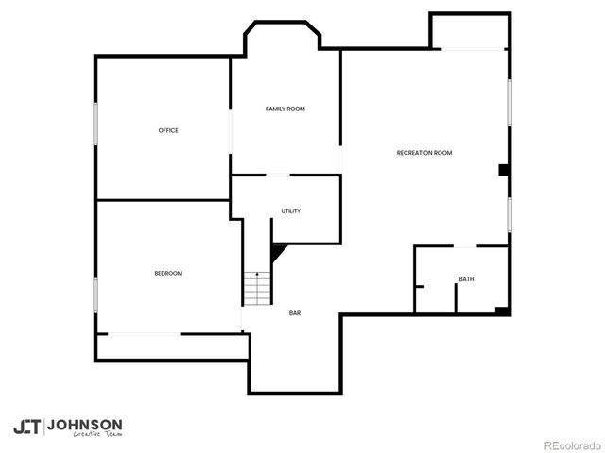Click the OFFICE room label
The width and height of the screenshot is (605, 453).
tap(168, 130)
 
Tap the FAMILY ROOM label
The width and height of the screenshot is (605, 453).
tap(285, 109)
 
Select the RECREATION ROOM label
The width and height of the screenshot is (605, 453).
tap(423, 153)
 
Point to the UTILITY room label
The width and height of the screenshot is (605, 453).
tap(291, 210)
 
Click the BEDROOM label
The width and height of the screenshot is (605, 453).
tap(168, 273)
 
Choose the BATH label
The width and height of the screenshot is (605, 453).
tap(466, 279)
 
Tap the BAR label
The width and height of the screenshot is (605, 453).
tap(295, 313)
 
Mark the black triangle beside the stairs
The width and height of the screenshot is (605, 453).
tap(278, 252)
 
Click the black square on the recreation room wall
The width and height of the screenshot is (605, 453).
tap(505, 171)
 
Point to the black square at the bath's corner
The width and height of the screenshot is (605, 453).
tap(503, 310)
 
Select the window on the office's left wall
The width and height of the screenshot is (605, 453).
tap(95, 124)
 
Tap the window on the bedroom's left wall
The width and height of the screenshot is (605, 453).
tap(95, 294)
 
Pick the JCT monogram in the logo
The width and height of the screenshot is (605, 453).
tap(26, 427)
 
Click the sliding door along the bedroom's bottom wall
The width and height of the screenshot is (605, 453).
tap(143, 332)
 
